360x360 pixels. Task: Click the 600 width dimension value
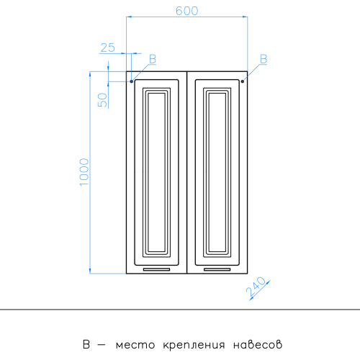(x=187, y=11)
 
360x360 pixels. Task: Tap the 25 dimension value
(x=108, y=48)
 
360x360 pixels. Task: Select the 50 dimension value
(x=102, y=99)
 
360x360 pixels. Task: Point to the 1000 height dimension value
(x=84, y=172)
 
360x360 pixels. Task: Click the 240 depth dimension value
(x=256, y=287)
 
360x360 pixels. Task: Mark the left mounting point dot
(x=132, y=81)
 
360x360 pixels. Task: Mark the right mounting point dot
(x=243, y=81)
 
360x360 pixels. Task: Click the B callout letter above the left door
(x=153, y=59)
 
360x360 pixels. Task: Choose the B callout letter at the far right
(x=264, y=59)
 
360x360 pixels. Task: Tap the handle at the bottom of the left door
(x=156, y=269)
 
